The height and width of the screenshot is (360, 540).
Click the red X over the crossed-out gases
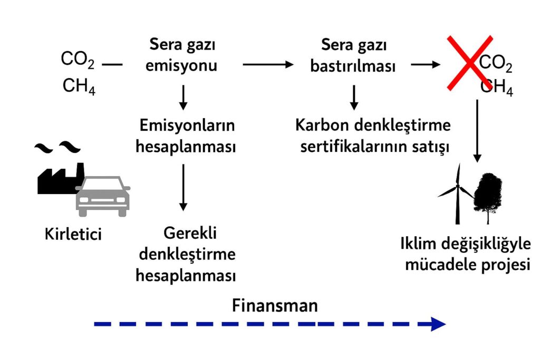[x=470, y=63]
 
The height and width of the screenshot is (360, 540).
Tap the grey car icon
[x=103, y=196]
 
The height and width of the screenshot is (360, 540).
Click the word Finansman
[x=275, y=306]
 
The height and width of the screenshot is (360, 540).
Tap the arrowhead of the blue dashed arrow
[x=438, y=324]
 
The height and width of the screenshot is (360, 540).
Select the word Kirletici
[x=73, y=235]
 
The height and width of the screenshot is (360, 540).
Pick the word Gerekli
[x=190, y=233]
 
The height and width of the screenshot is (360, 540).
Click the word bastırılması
[x=353, y=66]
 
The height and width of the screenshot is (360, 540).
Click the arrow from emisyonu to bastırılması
[x=268, y=64]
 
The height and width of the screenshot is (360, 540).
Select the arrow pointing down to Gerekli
[x=183, y=188]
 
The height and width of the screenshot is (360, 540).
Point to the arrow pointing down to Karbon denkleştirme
[x=354, y=98]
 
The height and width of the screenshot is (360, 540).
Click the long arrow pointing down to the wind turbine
[x=477, y=131]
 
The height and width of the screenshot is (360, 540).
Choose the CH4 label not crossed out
[x=79, y=86]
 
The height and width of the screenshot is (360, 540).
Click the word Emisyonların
[x=187, y=125]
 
